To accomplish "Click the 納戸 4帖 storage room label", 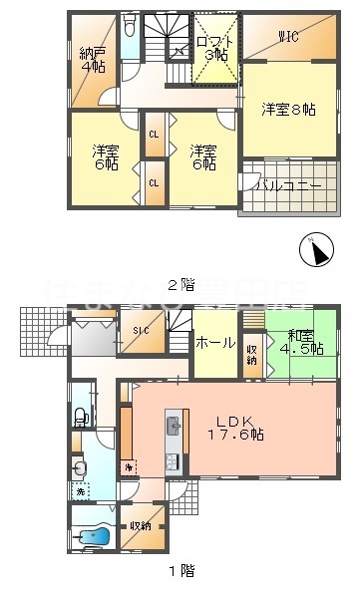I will click(93, 59).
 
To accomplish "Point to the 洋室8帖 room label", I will click(288, 110).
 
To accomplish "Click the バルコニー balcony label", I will click(288, 186).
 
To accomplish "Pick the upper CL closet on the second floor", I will click(154, 134).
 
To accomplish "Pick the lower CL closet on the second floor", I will click(154, 182).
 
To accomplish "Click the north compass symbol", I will click(317, 249).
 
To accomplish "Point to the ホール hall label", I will click(216, 343).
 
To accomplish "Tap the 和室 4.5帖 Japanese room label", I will click(301, 342).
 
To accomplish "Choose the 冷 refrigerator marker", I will click(128, 466).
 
